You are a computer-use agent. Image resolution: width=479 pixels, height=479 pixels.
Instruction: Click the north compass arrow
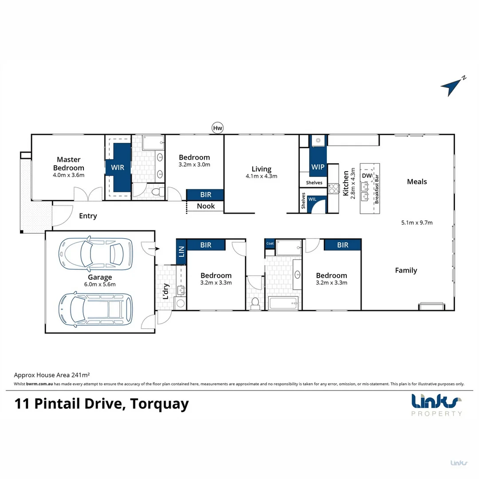[452, 86]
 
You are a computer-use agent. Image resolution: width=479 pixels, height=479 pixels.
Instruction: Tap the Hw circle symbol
[217, 129]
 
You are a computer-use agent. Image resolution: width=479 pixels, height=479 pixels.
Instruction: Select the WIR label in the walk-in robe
[118, 168]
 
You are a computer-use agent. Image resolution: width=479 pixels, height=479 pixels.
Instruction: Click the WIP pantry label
[318, 167]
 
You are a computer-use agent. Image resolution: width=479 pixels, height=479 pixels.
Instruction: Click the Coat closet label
[270, 243]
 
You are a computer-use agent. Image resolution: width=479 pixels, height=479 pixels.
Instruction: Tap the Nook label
[206, 206]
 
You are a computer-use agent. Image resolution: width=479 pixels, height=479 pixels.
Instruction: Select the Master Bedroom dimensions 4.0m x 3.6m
[68, 175]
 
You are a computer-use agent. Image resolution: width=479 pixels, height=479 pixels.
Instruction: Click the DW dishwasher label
[367, 176]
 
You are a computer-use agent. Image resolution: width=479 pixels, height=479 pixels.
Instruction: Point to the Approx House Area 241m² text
[52, 375]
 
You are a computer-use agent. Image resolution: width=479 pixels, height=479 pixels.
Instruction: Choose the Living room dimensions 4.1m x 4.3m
[261, 176]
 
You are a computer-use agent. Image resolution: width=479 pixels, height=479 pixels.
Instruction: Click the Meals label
[417, 181]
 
